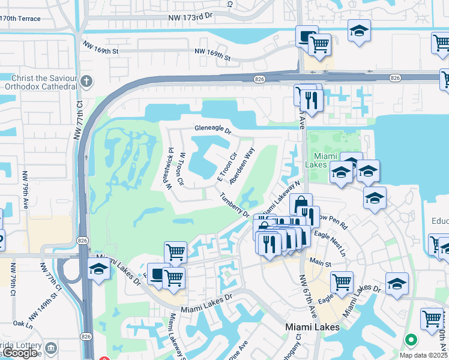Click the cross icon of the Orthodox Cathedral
pos(86,80)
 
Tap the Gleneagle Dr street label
pos(212,128)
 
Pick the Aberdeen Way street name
pos(243,166)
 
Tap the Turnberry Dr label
pos(235,205)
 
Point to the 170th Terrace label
pos(20,19)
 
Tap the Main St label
pos(321,261)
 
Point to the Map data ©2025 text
pos(424,355)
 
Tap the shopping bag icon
pos(301,203)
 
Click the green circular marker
pos(411,340)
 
